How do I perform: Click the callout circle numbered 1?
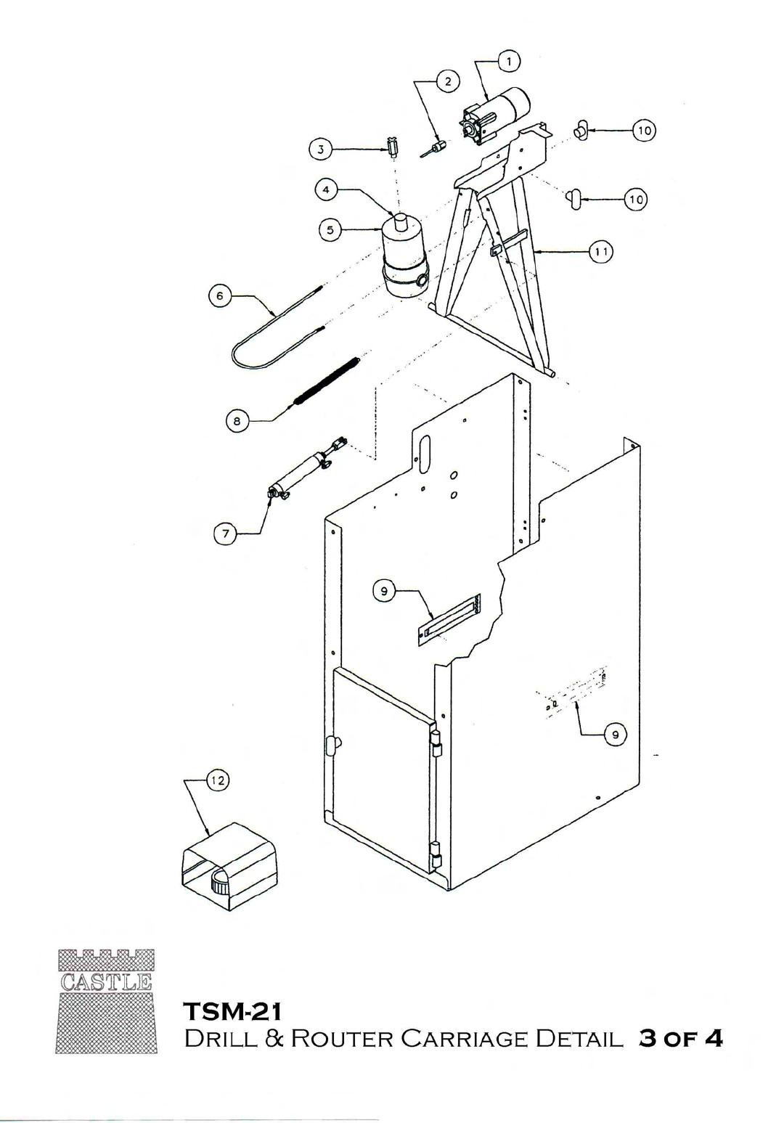pyautogui.click(x=509, y=62)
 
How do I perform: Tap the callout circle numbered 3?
pyautogui.click(x=321, y=149)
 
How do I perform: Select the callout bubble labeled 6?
pyautogui.click(x=219, y=295)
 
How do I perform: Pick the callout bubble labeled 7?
pyautogui.click(x=226, y=534)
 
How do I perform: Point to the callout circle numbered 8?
pyautogui.click(x=237, y=420)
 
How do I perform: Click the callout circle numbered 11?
pyautogui.click(x=600, y=252)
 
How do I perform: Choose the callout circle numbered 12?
pyautogui.click(x=218, y=780)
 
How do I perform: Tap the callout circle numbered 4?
pyautogui.click(x=327, y=190)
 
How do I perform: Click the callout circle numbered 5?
pyautogui.click(x=330, y=230)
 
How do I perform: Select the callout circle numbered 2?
pyautogui.click(x=448, y=81)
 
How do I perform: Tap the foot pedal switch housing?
pyautogui.click(x=229, y=866)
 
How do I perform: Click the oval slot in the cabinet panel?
pyautogui.click(x=425, y=454)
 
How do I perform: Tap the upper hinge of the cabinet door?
pyautogui.click(x=436, y=743)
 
